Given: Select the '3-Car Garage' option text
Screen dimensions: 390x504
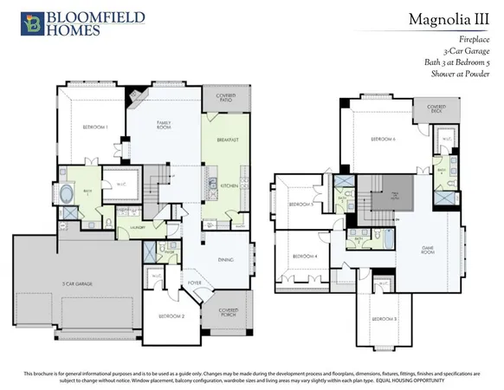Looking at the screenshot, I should (x=468, y=51).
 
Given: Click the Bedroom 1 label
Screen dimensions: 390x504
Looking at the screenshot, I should (x=94, y=127).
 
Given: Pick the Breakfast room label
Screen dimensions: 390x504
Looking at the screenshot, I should (x=228, y=139).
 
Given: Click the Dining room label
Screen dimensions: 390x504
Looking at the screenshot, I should (x=224, y=259).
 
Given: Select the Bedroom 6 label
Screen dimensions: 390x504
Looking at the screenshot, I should (x=382, y=139).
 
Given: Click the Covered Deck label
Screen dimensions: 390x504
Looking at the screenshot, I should (x=430, y=109).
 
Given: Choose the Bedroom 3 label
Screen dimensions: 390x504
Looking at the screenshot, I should (x=384, y=320).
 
